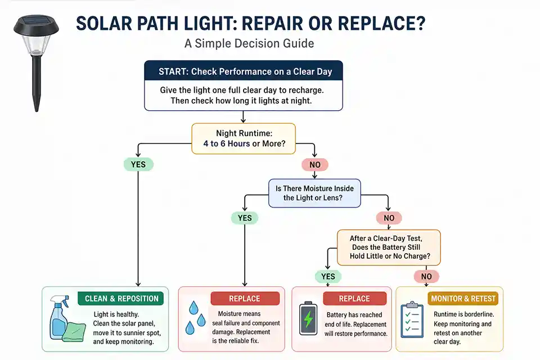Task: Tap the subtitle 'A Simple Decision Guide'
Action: click(249, 43)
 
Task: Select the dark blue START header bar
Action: click(243, 71)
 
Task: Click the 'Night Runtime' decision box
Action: click(243, 139)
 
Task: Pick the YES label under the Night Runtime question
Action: click(138, 165)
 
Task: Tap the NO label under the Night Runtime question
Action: click(315, 165)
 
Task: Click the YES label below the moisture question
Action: click(244, 218)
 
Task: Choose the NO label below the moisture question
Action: click(388, 218)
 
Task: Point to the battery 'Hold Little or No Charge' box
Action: click(388, 247)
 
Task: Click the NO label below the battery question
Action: click(426, 276)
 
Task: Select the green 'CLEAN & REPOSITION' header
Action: click(121, 298)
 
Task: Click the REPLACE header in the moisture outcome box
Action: click(245, 298)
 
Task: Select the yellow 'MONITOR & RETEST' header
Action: click(463, 298)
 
